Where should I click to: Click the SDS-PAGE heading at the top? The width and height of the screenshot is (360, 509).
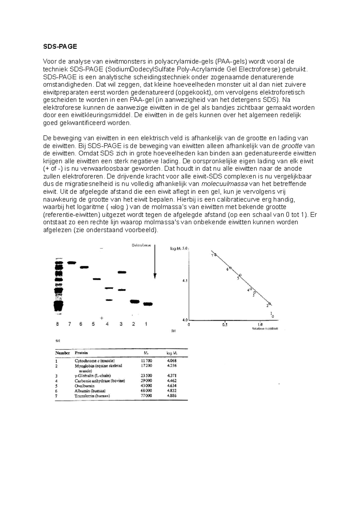[60, 46]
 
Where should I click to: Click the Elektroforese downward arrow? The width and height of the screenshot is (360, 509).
[155, 261]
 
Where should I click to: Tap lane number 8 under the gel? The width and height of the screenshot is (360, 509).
[57, 324]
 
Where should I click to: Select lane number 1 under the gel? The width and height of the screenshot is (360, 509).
[146, 324]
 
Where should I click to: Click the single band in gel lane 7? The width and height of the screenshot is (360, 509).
[71, 263]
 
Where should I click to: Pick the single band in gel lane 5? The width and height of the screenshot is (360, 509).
[96, 279]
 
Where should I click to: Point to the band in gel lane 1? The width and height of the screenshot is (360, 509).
[148, 304]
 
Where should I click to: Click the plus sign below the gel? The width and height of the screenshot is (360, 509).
[102, 318]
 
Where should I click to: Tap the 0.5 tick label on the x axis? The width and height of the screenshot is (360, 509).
[224, 325]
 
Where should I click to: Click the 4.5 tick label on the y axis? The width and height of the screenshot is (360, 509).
[185, 281]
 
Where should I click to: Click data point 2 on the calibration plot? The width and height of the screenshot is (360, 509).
[269, 304]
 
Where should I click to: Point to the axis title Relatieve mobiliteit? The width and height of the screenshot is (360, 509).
[265, 329]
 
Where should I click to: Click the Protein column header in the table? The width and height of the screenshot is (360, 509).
[81, 353]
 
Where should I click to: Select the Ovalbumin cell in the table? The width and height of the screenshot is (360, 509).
[85, 386]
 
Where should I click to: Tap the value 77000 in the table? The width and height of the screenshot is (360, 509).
[146, 396]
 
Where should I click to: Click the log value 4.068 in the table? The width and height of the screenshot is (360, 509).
[172, 361]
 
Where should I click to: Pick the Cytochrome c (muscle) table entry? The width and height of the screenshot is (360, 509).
[94, 361]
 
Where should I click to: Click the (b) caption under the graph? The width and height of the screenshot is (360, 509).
[173, 331]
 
